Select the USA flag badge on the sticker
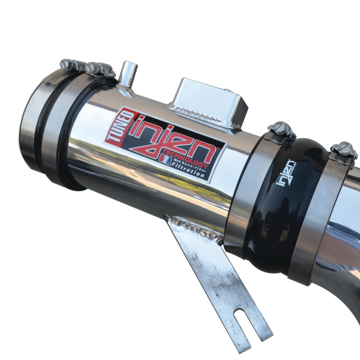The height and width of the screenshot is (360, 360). click(165, 159)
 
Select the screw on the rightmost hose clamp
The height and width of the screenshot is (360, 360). click(344, 149)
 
